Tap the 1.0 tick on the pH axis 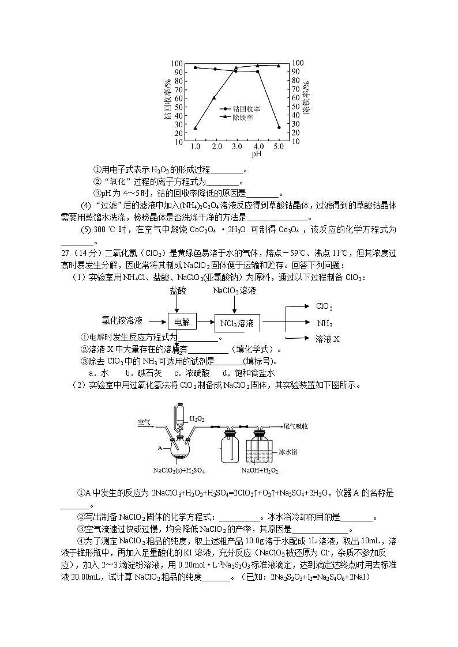tap(195, 147)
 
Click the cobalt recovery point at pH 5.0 tap(279, 127)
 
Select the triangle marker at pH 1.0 tap(195, 128)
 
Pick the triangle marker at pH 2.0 tap(215, 97)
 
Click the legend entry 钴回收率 tap(246, 108)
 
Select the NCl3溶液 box tap(237, 323)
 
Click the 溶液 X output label tap(328, 339)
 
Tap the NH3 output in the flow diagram tap(325, 323)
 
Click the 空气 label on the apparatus tap(144, 422)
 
